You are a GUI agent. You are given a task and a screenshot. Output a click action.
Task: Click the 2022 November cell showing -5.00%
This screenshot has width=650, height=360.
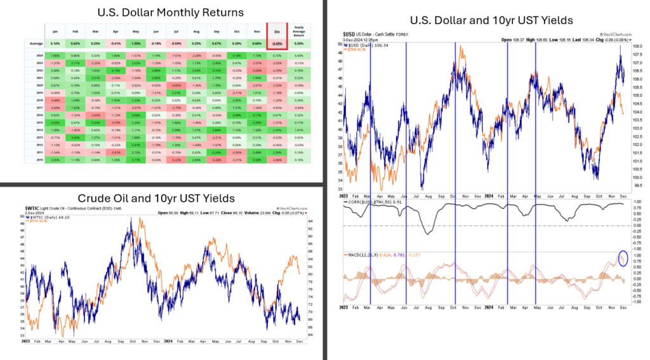[258, 71]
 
